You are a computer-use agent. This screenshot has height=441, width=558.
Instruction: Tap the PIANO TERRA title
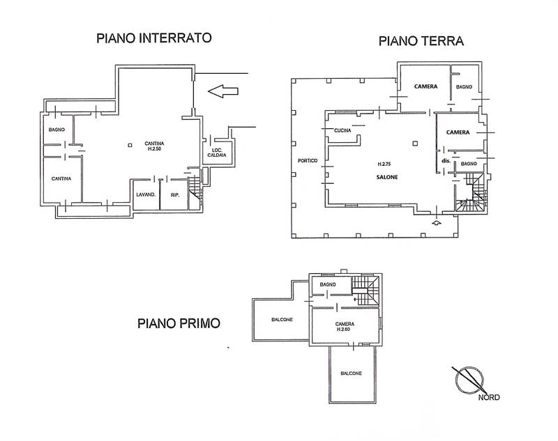421,41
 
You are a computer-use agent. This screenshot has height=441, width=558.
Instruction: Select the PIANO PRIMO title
179,323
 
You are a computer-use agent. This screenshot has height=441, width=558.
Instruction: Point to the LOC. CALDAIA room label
216,155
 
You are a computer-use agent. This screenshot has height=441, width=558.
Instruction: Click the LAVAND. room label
145,194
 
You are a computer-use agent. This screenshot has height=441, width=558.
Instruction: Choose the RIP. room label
175,194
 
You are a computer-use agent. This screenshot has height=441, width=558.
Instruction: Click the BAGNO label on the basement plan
57,130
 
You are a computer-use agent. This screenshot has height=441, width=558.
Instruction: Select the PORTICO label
308,161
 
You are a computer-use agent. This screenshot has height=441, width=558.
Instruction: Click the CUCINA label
342,131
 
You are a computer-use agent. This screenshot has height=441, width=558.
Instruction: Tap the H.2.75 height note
384,164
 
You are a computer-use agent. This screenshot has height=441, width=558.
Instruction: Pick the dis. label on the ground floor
445,162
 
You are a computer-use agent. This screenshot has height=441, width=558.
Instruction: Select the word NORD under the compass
488,398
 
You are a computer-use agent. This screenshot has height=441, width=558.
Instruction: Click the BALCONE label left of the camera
282,319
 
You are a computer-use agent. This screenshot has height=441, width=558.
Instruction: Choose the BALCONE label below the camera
351,373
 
